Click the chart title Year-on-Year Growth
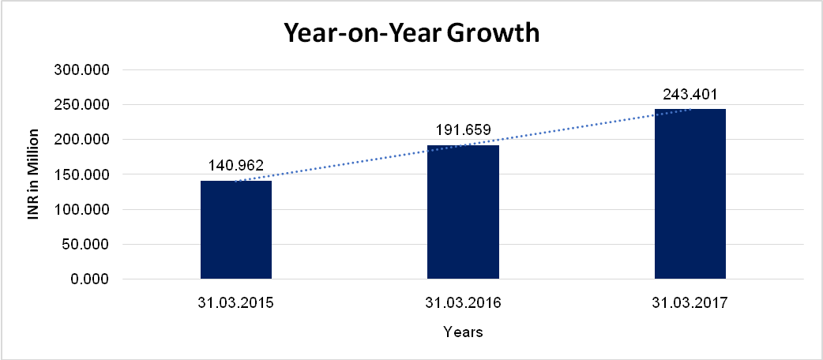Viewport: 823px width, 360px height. pyautogui.click(x=411, y=34)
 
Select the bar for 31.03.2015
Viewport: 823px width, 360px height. pyautogui.click(x=236, y=230)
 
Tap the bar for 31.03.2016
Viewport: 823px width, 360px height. pyautogui.click(x=463, y=212)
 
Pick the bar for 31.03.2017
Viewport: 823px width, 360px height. pyautogui.click(x=690, y=194)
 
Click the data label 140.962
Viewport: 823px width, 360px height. pyautogui.click(x=236, y=167)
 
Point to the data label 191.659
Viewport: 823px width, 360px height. pyautogui.click(x=463, y=130)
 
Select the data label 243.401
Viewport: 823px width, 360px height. pyautogui.click(x=690, y=94)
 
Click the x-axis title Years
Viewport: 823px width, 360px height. pyautogui.click(x=463, y=332)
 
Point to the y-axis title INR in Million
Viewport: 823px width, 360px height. pyautogui.click(x=33, y=174)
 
